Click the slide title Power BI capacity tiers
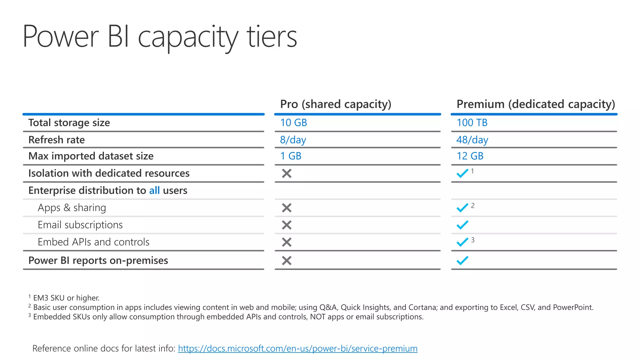click(159, 37)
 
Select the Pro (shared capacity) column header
click(335, 104)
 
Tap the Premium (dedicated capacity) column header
click(535, 104)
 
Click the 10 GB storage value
click(293, 123)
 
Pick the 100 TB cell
click(472, 123)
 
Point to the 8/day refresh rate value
click(293, 140)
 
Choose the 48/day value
click(472, 140)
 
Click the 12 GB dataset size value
click(470, 156)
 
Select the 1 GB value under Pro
click(291, 156)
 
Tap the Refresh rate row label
click(57, 140)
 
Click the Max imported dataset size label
click(91, 156)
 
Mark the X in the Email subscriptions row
click(287, 225)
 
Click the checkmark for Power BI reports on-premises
click(462, 260)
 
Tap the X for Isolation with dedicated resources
click(287, 173)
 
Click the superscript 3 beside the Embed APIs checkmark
click(473, 240)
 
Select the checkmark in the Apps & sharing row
click(462, 208)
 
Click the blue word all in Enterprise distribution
click(154, 190)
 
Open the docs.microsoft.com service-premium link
click(297, 348)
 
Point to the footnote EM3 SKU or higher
click(66, 298)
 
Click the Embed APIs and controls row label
click(93, 242)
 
